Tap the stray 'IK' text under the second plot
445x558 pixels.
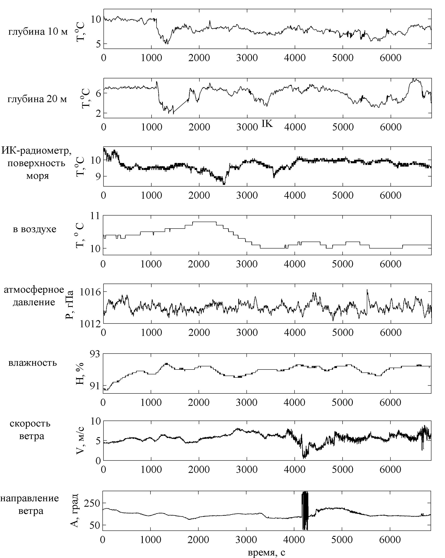pos(267,124)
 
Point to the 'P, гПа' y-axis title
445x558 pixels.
pos(69,305)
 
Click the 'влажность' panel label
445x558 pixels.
pos(32,363)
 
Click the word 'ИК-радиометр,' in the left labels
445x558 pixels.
pos(36,150)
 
